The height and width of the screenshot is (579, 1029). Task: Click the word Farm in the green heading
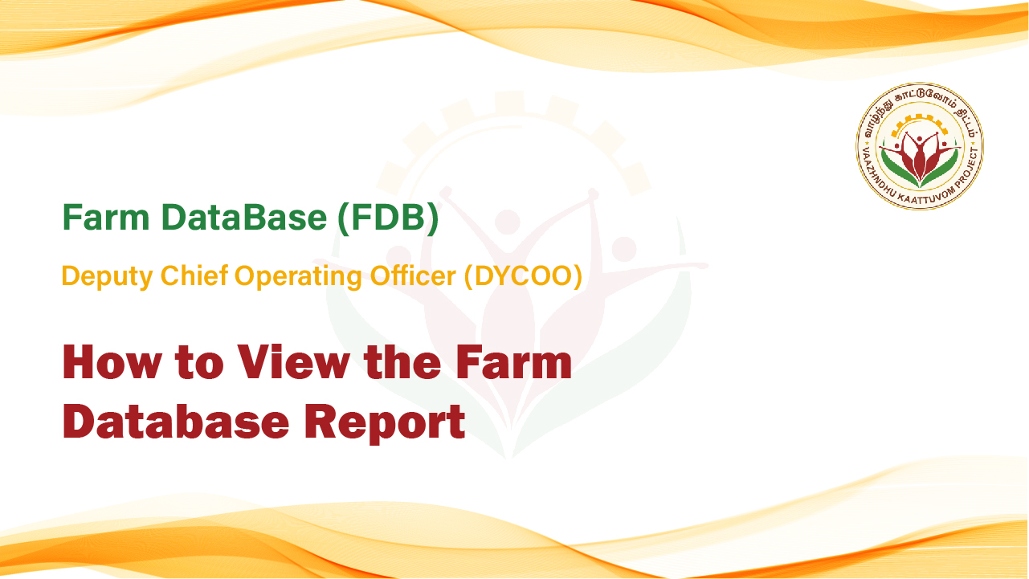106,217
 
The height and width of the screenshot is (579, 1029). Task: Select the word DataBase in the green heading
244,217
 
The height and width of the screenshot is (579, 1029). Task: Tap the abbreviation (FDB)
388,218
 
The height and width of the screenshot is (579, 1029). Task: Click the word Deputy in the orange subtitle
107,277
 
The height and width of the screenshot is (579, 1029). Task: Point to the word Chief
194,275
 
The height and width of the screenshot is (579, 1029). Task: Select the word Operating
299,277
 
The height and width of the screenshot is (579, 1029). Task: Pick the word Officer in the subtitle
413,275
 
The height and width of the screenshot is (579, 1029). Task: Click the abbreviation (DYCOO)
523,276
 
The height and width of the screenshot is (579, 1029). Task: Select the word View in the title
293,362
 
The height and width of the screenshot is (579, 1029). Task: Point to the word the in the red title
402,362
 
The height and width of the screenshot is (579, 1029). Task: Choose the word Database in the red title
176,421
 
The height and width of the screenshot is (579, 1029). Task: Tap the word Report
385,423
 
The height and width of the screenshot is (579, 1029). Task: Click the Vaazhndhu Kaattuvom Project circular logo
920,146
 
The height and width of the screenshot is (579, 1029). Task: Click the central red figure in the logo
919,156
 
